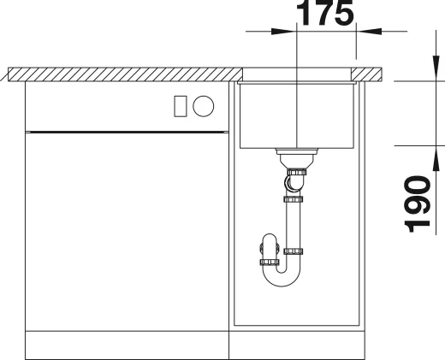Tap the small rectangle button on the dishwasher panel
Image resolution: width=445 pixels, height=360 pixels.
click(180, 105)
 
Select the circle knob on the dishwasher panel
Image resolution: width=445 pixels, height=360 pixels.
click(204, 105)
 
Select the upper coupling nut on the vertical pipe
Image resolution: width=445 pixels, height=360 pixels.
click(294, 199)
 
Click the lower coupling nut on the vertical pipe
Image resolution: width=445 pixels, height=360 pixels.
click(294, 251)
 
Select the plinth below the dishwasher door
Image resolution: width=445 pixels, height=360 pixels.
click(128, 344)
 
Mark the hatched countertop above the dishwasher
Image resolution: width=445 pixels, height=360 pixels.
click(120, 74)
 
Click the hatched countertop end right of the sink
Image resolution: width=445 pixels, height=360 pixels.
click(369, 74)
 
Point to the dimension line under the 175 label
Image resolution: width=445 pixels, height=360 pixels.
click(325, 32)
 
